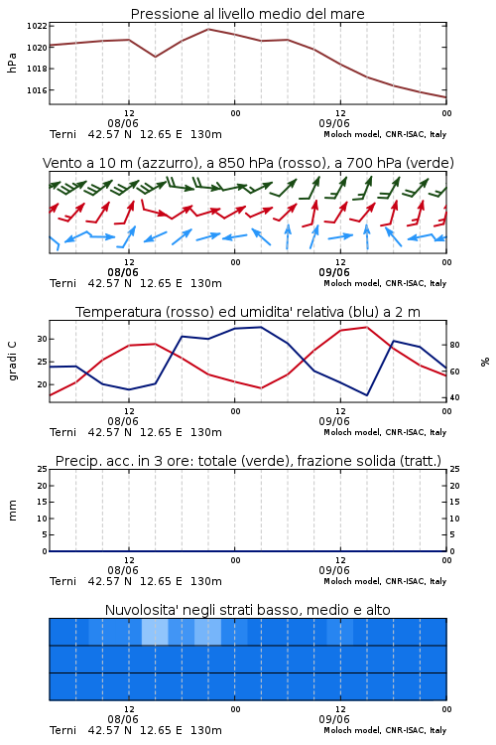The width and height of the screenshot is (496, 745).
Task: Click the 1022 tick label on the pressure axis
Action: (x=37, y=26)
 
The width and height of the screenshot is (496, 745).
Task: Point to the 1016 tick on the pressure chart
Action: (x=37, y=90)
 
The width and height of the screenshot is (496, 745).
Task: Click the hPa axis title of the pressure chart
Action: (x=12, y=63)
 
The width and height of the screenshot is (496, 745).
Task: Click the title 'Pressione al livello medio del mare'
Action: (x=247, y=14)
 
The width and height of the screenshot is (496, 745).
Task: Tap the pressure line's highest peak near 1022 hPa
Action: (x=208, y=30)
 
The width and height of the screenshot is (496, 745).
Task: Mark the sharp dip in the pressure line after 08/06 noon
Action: (x=155, y=57)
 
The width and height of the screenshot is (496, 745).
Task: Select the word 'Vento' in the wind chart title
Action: (x=58, y=163)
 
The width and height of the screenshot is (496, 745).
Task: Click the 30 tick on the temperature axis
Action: (x=43, y=340)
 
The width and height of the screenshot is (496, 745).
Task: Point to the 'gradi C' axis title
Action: (x=12, y=362)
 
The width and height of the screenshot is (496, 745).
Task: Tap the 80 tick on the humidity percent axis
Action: (x=454, y=345)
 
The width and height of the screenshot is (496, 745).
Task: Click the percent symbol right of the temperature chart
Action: (x=485, y=362)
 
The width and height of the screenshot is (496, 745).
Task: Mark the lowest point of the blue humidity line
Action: (x=366, y=395)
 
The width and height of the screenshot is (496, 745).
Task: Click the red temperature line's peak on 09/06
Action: (x=366, y=328)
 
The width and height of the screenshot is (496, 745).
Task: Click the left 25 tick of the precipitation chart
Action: (x=43, y=470)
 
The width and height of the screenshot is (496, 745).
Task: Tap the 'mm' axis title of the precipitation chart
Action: (x=12, y=511)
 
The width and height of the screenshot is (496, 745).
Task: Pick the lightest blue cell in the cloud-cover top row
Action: (x=155, y=632)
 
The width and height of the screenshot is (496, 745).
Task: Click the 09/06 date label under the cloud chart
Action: (x=334, y=719)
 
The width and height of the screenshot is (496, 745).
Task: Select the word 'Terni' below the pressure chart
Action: (x=62, y=134)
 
